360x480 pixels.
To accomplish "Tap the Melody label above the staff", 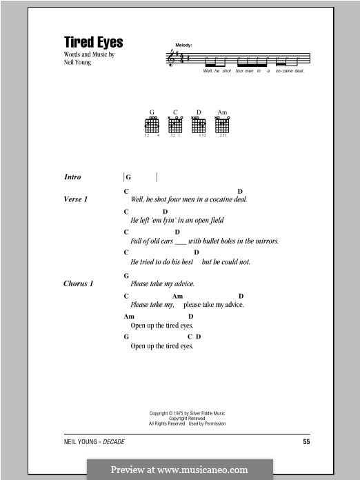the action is coord(184,45).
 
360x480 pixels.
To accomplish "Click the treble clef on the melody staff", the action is coord(171,59).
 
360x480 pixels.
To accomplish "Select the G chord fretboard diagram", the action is coord(152,125).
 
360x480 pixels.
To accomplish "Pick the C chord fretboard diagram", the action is coord(176,125).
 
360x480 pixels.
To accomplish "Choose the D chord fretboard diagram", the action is coord(199,125).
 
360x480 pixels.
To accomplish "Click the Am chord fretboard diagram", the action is coord(222,125).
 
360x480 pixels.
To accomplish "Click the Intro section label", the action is coord(72,177).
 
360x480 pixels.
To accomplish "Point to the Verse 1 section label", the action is coord(75,199).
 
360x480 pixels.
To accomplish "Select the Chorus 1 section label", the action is coord(78,283).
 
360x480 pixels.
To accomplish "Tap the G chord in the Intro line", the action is coord(128,177).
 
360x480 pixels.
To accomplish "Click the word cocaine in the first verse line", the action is coord(222,199).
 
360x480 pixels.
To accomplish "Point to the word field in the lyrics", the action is coord(217,221).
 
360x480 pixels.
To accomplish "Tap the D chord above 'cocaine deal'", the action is coord(240,190).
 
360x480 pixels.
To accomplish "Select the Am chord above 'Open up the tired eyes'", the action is coord(129,317).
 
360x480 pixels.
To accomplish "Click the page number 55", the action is coord(307,440).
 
